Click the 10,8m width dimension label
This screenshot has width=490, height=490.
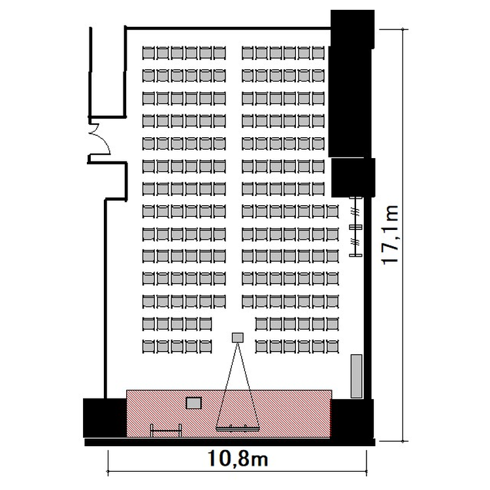click(x=238, y=459)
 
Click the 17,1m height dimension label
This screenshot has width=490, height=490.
click(x=390, y=235)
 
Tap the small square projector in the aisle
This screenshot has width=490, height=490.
click(x=238, y=338)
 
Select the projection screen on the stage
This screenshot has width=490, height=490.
click(x=238, y=429)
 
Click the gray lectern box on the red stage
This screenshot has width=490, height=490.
click(x=194, y=403)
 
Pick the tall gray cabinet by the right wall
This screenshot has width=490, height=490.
click(x=356, y=376)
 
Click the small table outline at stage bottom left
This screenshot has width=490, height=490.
click(x=166, y=431)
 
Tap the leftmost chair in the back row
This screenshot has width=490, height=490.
click(x=148, y=53)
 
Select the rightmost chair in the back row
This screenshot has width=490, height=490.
click(x=318, y=53)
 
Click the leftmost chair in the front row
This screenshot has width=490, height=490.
click(x=148, y=346)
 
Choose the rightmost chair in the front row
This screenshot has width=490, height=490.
click(x=333, y=346)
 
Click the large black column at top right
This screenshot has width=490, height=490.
click(x=351, y=83)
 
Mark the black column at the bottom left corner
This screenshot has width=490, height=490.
click(x=105, y=418)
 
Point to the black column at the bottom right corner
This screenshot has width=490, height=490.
click(x=352, y=419)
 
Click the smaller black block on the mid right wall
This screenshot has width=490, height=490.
click(x=353, y=178)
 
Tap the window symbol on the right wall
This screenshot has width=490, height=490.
click(x=356, y=227)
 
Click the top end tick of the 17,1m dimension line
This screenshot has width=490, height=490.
click(x=403, y=29)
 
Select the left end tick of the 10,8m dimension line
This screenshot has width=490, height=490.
click(x=108, y=471)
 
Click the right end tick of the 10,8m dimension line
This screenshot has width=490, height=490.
click(x=367, y=471)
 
